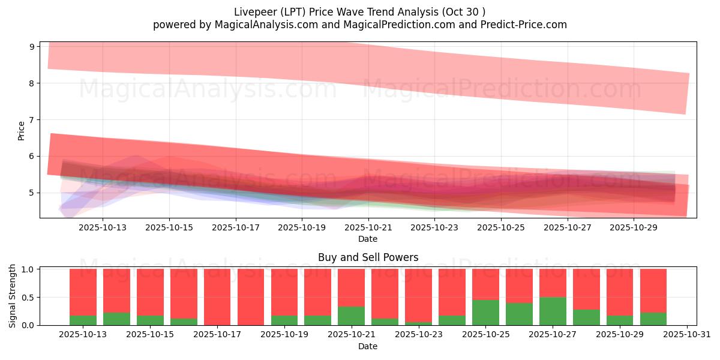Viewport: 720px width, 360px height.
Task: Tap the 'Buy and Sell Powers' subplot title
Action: pos(368,257)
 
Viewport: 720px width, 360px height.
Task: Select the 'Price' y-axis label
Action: pos(22,130)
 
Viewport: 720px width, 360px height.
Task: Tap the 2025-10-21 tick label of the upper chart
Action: pos(368,227)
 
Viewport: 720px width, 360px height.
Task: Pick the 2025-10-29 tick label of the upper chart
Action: pos(634,227)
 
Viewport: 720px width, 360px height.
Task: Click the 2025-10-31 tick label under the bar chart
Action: pos(686,335)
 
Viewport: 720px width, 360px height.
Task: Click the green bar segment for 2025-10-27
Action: pos(552,311)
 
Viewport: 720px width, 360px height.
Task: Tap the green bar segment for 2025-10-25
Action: pos(485,313)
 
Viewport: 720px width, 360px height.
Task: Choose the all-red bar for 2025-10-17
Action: pos(217,297)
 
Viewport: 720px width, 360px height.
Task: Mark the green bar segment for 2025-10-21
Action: pos(351,316)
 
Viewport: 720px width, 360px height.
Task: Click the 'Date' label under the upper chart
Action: pos(368,239)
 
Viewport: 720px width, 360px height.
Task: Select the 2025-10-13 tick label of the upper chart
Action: pos(103,227)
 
